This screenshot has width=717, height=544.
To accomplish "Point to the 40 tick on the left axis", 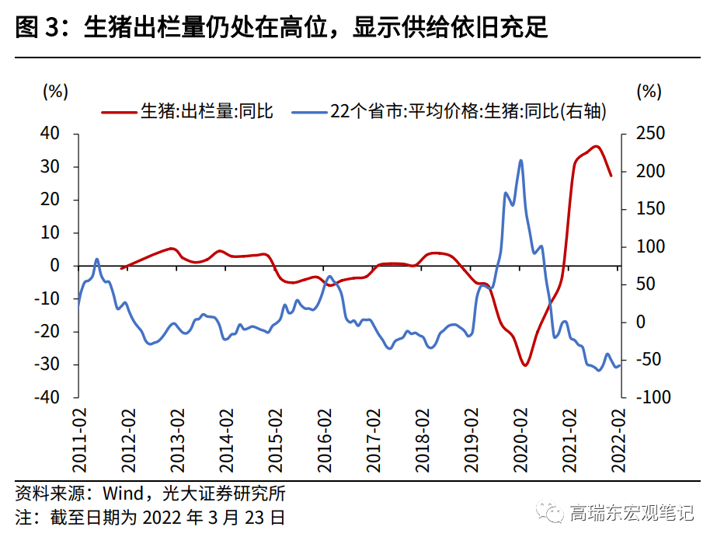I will click(50, 134).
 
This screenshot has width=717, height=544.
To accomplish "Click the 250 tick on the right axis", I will click(649, 134).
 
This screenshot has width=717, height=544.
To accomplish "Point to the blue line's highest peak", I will click(520, 161).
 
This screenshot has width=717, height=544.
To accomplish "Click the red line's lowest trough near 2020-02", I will click(525, 365).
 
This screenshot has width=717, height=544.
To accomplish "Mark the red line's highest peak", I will click(596, 146).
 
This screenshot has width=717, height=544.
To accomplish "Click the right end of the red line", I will click(611, 176).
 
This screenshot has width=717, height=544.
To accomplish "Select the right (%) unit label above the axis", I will click(648, 91).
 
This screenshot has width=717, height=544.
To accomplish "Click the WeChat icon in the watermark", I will click(553, 514).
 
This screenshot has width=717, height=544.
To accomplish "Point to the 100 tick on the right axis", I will click(649, 246).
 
